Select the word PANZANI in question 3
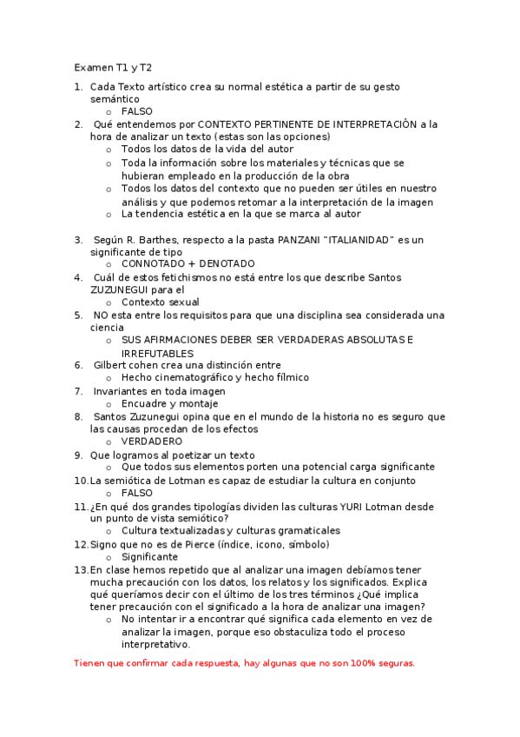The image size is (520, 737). pos(304,240)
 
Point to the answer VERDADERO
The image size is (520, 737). pos(152,442)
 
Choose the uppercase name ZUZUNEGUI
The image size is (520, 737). pos(119,289)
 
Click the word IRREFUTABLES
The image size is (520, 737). pos(157,354)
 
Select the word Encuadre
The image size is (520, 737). pos(145,404)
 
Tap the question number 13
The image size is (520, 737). pos(81,569)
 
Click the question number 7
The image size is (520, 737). pos(78,391)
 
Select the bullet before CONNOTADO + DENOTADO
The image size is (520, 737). pos(109,264)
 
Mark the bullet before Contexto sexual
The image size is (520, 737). pos(109,302)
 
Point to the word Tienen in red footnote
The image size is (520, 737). pos(90,663)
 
